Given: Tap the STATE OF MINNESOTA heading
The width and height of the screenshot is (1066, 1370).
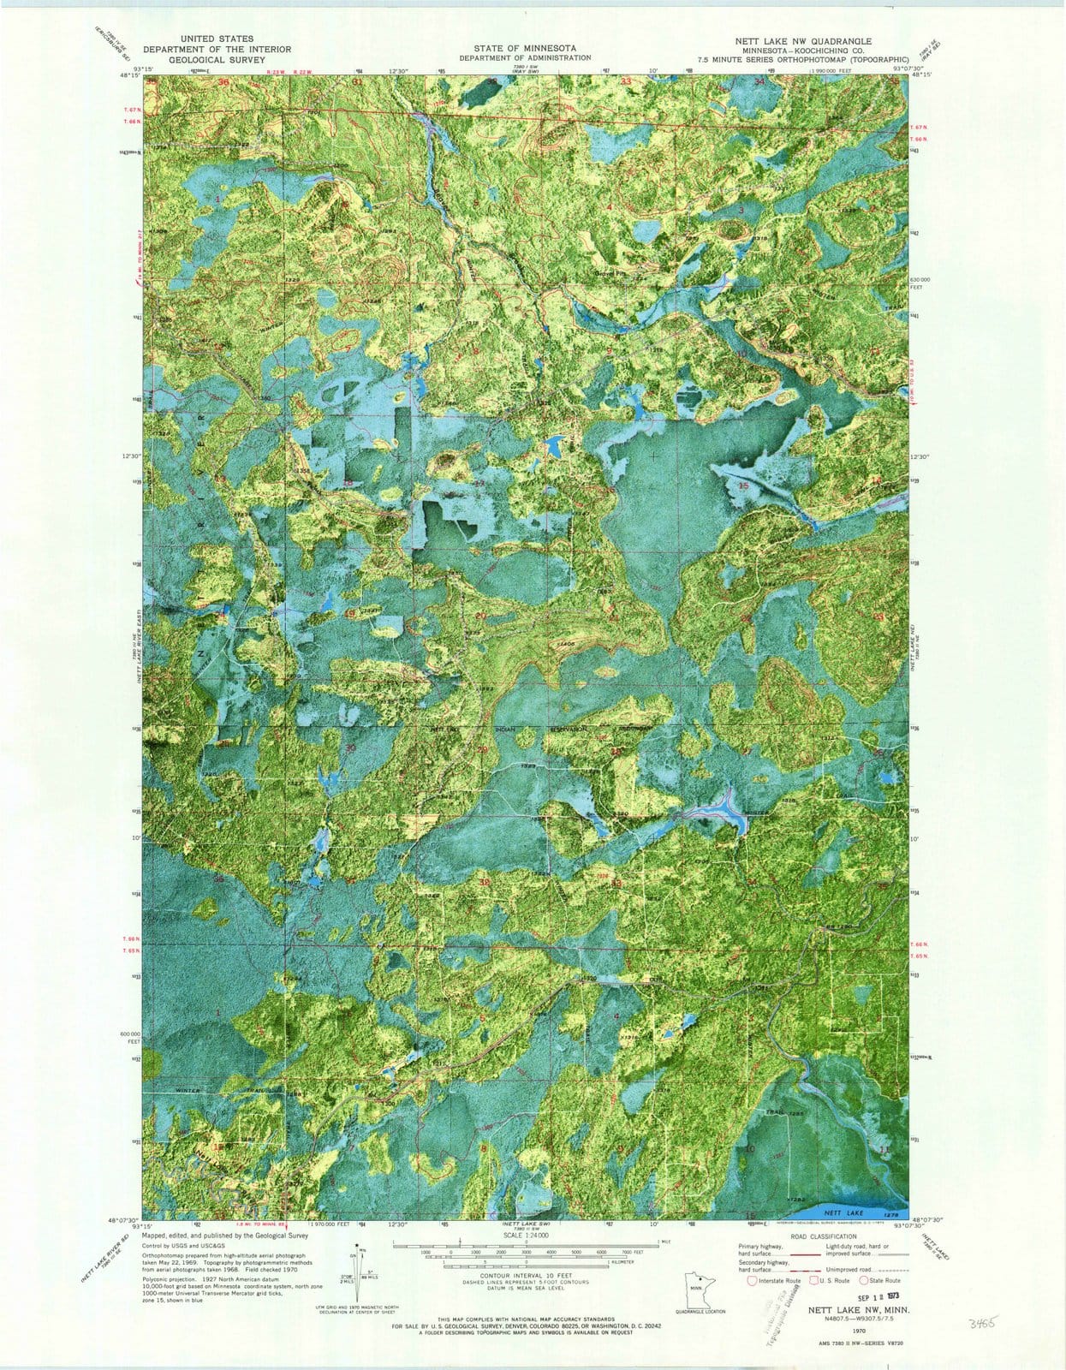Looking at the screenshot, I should (x=524, y=48).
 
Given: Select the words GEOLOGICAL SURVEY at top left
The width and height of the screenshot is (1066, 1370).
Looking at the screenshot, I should (x=217, y=60).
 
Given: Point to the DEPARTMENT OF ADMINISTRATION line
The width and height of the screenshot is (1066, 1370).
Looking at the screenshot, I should (x=524, y=58).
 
